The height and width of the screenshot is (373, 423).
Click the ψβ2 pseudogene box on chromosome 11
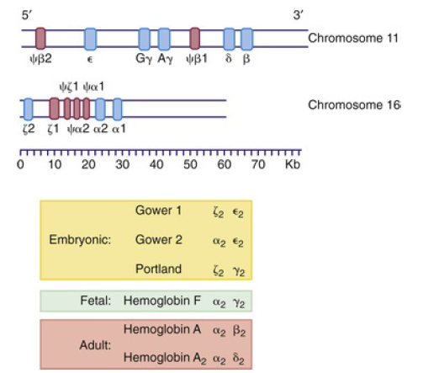[x=40, y=38]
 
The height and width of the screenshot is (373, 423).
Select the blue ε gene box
[x=90, y=38]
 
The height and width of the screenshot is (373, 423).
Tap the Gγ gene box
[x=145, y=38]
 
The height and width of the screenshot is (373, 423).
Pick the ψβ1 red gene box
[x=195, y=38]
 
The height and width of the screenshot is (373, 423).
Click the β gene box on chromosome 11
[x=246, y=38]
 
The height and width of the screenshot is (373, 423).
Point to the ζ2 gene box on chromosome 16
[x=28, y=108]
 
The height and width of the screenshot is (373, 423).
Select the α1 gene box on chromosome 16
[x=118, y=108]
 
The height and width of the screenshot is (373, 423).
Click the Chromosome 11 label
[x=353, y=38]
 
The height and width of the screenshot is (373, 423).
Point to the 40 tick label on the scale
[x=156, y=164]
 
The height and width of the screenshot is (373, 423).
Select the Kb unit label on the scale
[x=293, y=164]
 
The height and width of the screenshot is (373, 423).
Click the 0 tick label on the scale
[x=21, y=164]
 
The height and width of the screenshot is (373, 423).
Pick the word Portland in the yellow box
[x=158, y=269]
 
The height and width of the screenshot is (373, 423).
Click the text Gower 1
[x=158, y=210]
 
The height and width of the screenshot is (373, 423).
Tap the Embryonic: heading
[x=81, y=239]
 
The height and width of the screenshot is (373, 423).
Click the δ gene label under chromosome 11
[x=228, y=60]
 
